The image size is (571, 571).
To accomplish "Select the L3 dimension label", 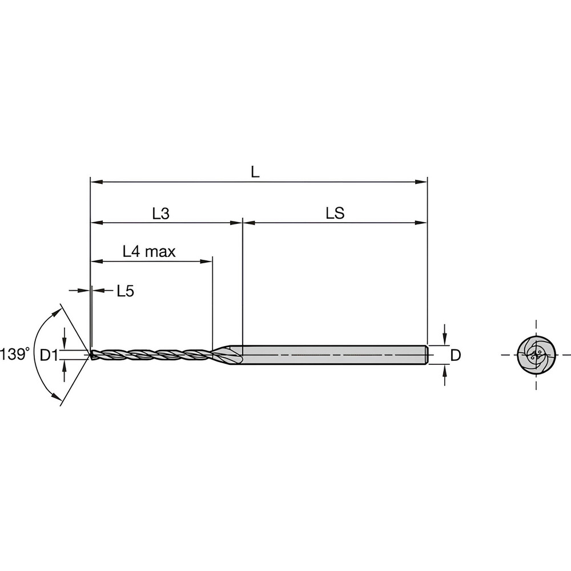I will (x=160, y=214).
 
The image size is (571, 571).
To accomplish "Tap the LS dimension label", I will (x=335, y=214).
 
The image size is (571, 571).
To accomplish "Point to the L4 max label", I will (x=149, y=252).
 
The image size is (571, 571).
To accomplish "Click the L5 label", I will (x=125, y=291).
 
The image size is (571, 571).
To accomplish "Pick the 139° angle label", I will (x=15, y=353).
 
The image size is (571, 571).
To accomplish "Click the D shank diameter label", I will (x=455, y=355).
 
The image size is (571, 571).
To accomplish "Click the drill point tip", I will (x=91, y=355).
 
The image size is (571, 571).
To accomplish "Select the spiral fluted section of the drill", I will (x=151, y=355).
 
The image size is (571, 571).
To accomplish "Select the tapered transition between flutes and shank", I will (x=226, y=355).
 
